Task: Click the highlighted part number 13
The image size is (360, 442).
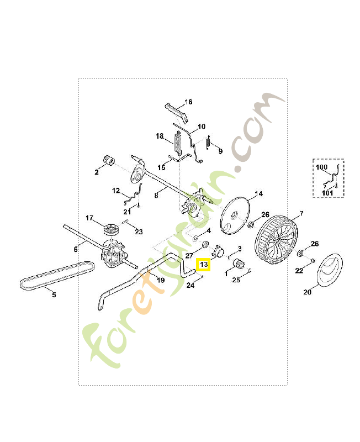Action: pyautogui.click(x=204, y=265)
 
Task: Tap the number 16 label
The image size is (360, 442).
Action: pyautogui.click(x=188, y=102)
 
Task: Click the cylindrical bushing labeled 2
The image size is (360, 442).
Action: pyautogui.click(x=107, y=162)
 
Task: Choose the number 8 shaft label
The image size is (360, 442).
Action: pyautogui.click(x=157, y=195)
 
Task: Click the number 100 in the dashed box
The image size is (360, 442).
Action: pyautogui.click(x=321, y=166)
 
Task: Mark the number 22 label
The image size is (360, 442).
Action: pyautogui.click(x=299, y=270)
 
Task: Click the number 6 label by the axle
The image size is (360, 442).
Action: pyautogui.click(x=76, y=250)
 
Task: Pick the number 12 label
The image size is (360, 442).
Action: pyautogui.click(x=116, y=191)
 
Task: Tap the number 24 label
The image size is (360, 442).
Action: pyautogui.click(x=190, y=286)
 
